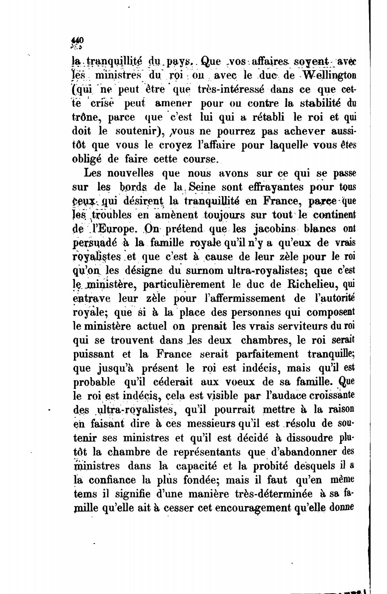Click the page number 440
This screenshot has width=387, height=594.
pyautogui.click(x=78, y=39)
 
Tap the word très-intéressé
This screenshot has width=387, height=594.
pyautogui.click(x=230, y=89)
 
